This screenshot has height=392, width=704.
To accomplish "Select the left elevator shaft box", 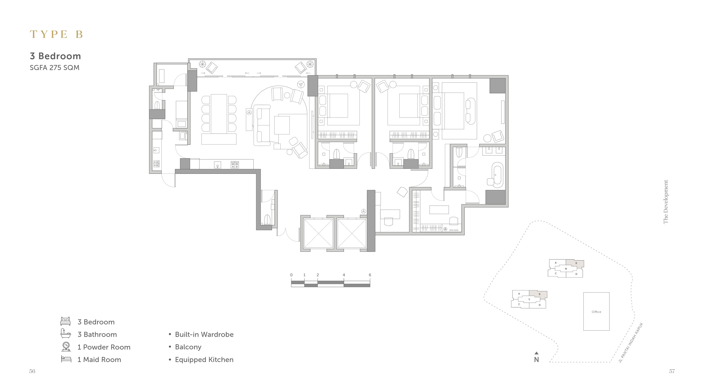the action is (x=318, y=234).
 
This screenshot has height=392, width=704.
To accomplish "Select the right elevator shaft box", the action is (x=351, y=234).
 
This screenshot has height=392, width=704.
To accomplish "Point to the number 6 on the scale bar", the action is (x=370, y=275).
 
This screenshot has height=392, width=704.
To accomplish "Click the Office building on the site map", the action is (x=596, y=312).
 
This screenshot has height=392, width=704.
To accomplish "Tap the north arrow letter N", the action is (x=536, y=360).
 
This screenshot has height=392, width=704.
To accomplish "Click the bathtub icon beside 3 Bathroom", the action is (x=66, y=333).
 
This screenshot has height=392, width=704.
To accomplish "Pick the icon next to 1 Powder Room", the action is (x=66, y=346).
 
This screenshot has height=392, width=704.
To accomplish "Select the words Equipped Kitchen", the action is (x=204, y=360).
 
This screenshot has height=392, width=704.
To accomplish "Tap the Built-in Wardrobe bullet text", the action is (x=204, y=334).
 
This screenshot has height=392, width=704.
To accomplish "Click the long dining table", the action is (x=219, y=114).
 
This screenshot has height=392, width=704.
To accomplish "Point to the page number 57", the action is (x=672, y=371).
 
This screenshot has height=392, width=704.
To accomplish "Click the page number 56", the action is (x=32, y=371).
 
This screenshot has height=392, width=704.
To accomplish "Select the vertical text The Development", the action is (x=666, y=202).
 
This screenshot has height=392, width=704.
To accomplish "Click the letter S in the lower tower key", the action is (x=529, y=299).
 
